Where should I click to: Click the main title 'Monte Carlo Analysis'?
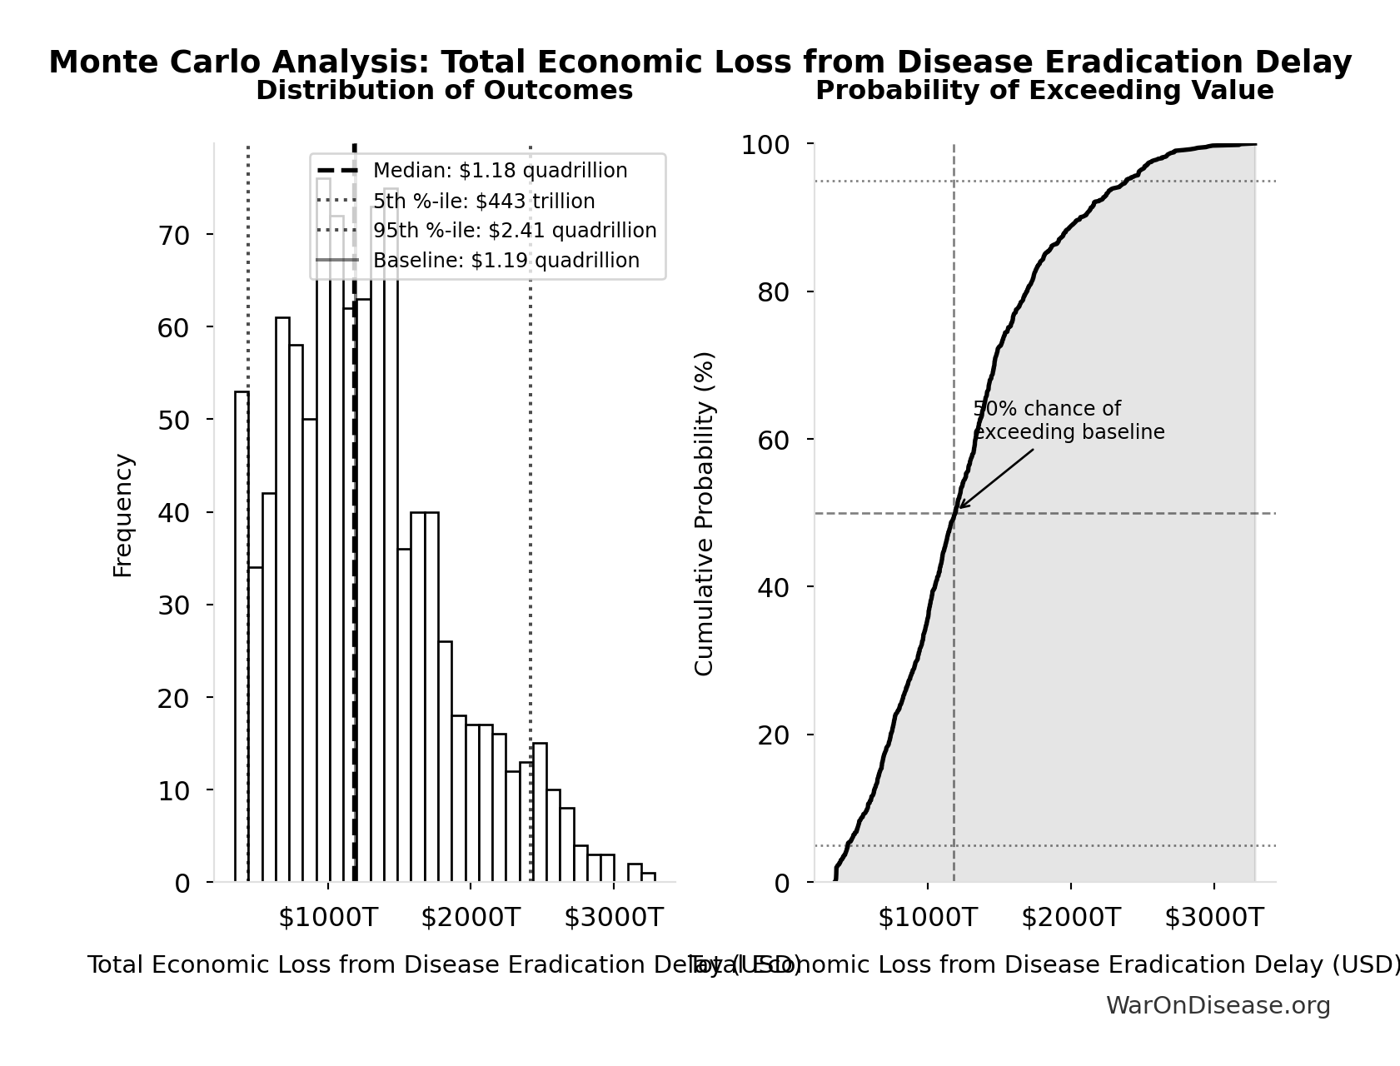coord(700,62)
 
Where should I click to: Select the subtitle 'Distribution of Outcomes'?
coord(444,91)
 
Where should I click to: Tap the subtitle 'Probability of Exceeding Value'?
coord(1044,91)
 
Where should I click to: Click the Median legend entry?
coord(500,171)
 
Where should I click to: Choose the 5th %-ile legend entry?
coord(483,202)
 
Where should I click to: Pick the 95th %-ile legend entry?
coord(514,231)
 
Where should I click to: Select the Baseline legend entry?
coord(506,261)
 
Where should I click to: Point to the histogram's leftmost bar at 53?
coord(242,633)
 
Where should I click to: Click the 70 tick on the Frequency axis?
coord(174,236)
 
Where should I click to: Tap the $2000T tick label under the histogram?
coord(471,918)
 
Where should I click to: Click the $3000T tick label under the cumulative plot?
coord(1213,918)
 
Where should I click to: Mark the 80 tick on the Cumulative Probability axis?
coord(774,292)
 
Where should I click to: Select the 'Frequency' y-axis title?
coord(122,515)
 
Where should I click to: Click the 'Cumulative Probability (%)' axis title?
coord(704,513)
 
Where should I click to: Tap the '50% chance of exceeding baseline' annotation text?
coord(1068,421)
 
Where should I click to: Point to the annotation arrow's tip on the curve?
coord(959,507)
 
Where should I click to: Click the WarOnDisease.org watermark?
coord(1218,1006)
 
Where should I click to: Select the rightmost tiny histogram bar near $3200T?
coord(649,877)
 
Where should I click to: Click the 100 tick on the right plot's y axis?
coord(765,145)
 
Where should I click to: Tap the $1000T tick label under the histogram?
coord(328,918)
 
